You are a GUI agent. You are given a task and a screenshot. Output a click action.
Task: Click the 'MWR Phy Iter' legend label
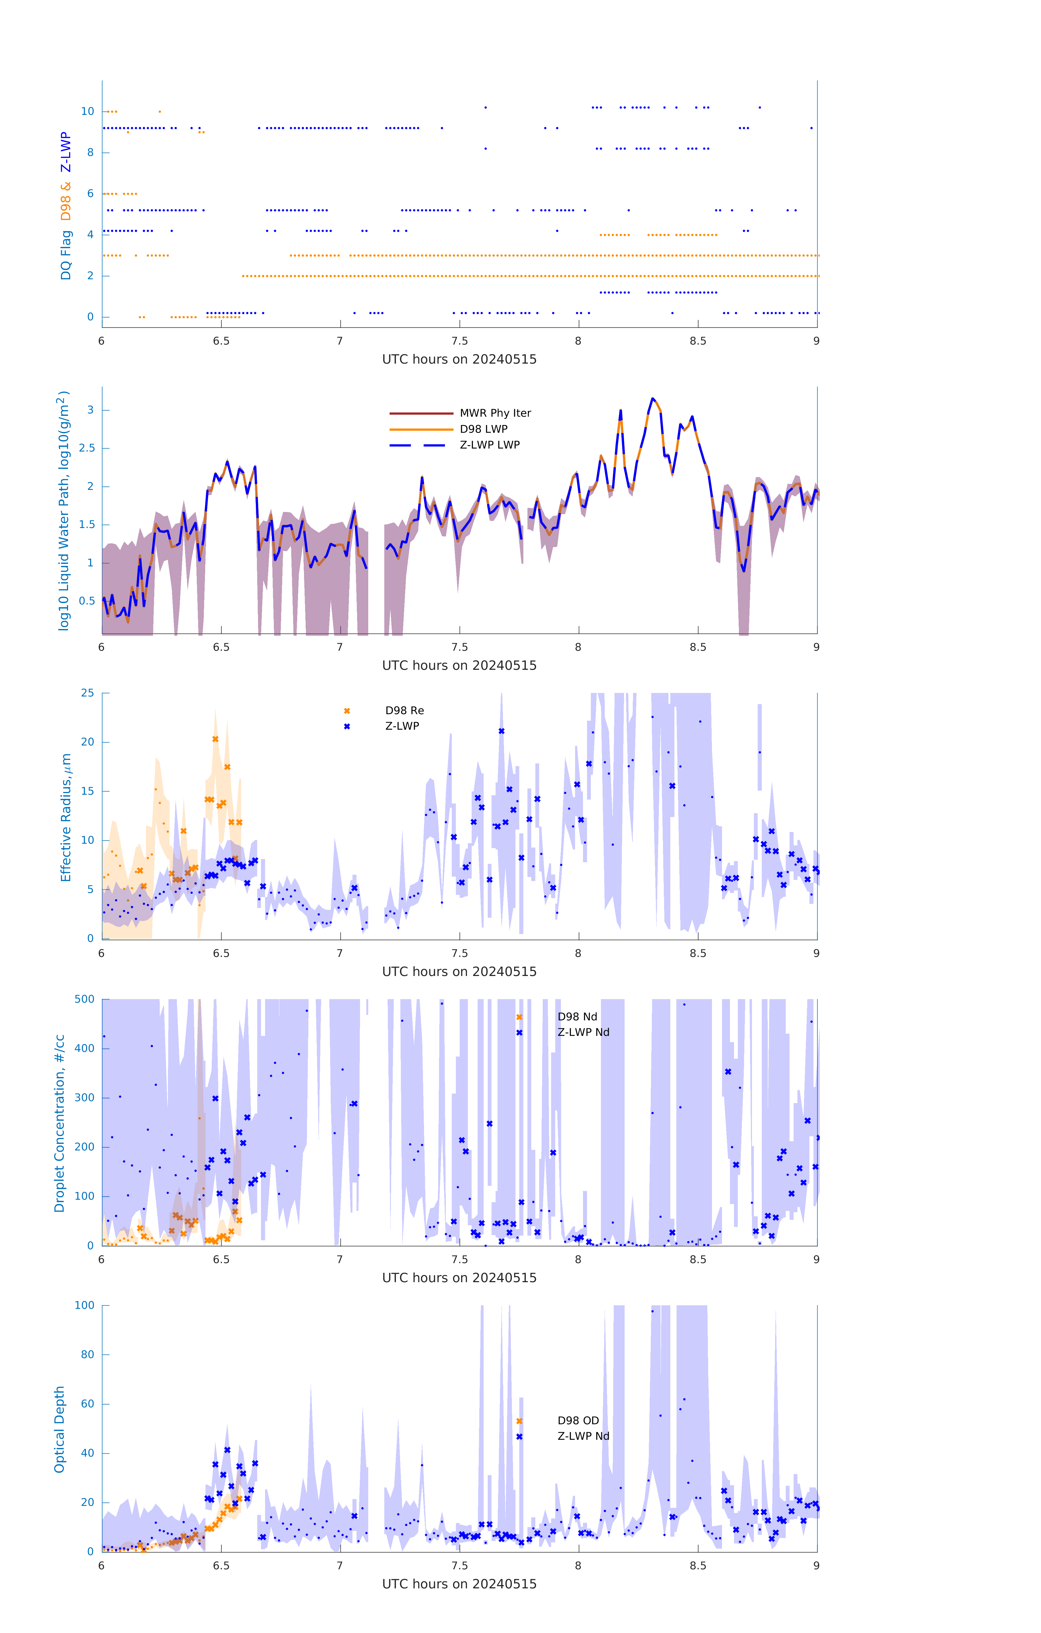click(x=495, y=413)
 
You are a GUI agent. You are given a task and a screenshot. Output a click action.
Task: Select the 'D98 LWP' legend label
click(x=484, y=429)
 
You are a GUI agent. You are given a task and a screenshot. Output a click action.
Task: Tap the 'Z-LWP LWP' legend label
click(x=490, y=445)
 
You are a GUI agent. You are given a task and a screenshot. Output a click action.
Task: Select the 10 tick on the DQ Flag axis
click(x=87, y=111)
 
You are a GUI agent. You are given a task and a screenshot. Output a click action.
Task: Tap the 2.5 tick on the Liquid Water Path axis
click(x=86, y=448)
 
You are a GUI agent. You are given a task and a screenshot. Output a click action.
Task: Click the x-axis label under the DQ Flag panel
click(x=459, y=360)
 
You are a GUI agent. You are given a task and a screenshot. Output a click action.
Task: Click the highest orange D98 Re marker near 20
click(x=216, y=739)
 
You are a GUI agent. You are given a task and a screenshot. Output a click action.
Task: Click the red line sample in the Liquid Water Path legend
click(x=421, y=413)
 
